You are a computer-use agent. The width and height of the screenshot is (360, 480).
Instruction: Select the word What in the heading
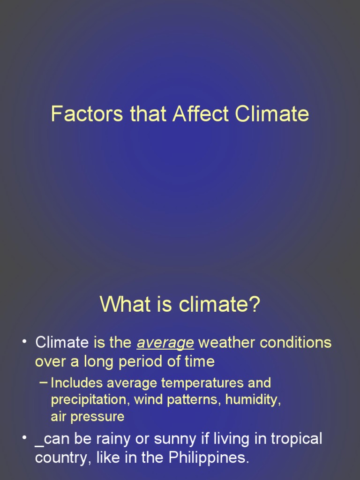(120, 305)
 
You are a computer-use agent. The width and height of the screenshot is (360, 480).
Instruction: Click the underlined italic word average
(165, 343)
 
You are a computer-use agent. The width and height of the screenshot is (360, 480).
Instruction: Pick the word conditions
(296, 343)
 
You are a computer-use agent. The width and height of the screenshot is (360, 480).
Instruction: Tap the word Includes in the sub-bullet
(76, 383)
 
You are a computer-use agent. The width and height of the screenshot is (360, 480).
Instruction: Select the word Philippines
(209, 457)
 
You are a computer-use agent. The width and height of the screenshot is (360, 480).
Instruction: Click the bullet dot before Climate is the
(24, 341)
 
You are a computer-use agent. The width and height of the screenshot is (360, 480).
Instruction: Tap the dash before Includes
(44, 382)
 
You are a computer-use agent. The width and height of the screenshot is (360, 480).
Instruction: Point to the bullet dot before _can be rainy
(24, 438)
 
